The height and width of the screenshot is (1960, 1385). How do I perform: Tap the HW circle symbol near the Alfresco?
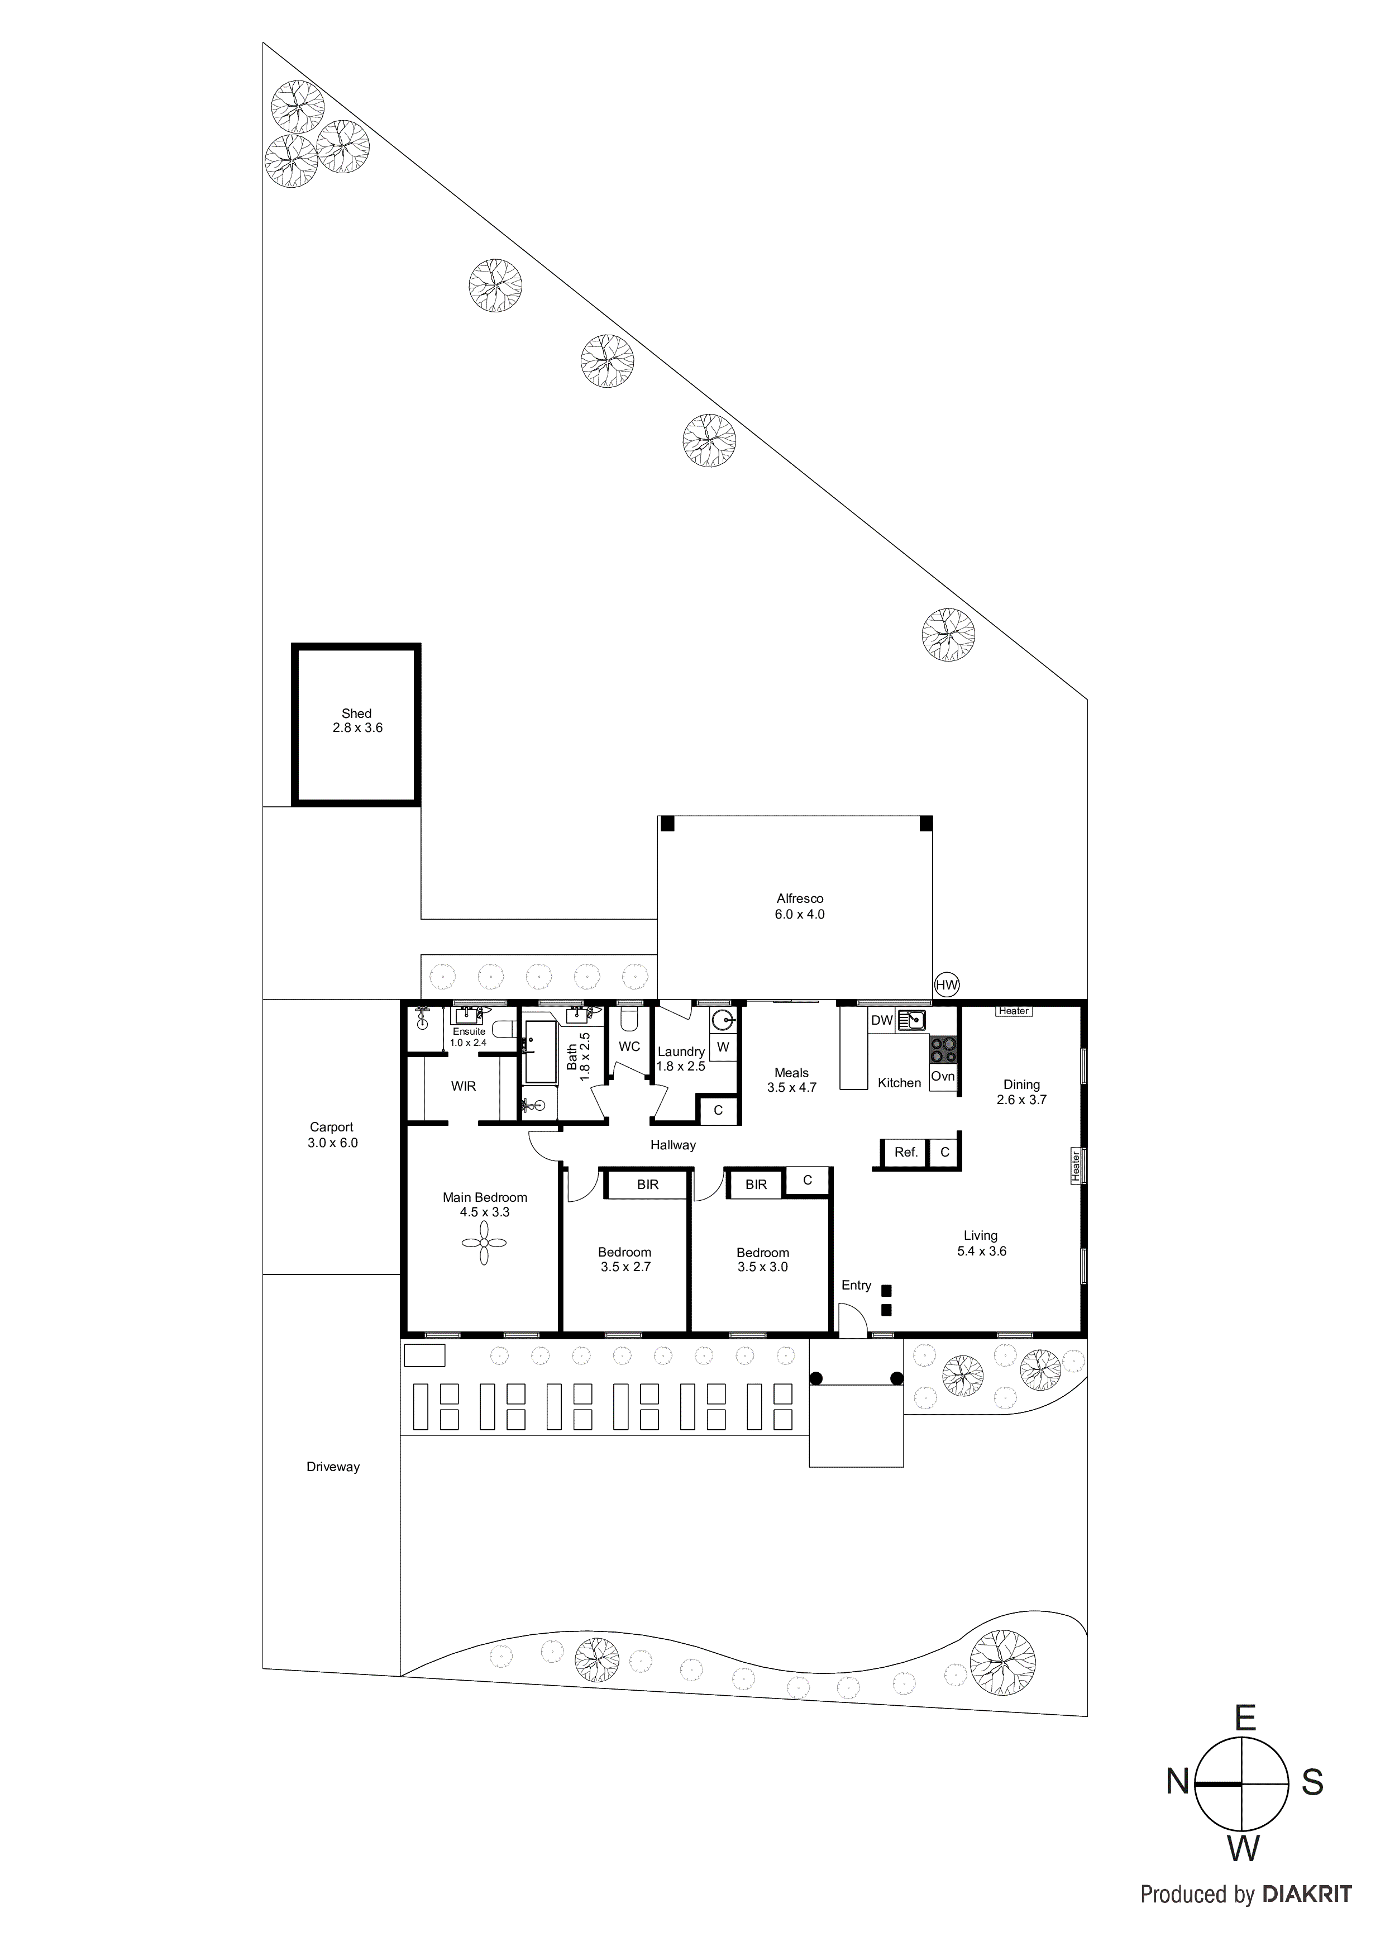(x=947, y=984)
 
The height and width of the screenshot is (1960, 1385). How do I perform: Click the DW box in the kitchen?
(x=881, y=1020)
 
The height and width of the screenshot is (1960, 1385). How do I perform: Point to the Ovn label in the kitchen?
(x=942, y=1077)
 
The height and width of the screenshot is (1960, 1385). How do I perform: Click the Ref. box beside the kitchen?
(x=905, y=1153)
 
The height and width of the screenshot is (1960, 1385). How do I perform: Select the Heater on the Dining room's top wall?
(x=1014, y=1011)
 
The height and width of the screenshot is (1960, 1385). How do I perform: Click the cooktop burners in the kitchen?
(x=943, y=1049)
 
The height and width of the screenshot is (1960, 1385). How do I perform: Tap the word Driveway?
(x=333, y=1467)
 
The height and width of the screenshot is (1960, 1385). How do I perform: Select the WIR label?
(x=464, y=1086)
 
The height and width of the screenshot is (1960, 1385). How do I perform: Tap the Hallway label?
(x=672, y=1145)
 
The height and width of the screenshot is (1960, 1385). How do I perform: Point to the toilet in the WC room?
(x=628, y=1020)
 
